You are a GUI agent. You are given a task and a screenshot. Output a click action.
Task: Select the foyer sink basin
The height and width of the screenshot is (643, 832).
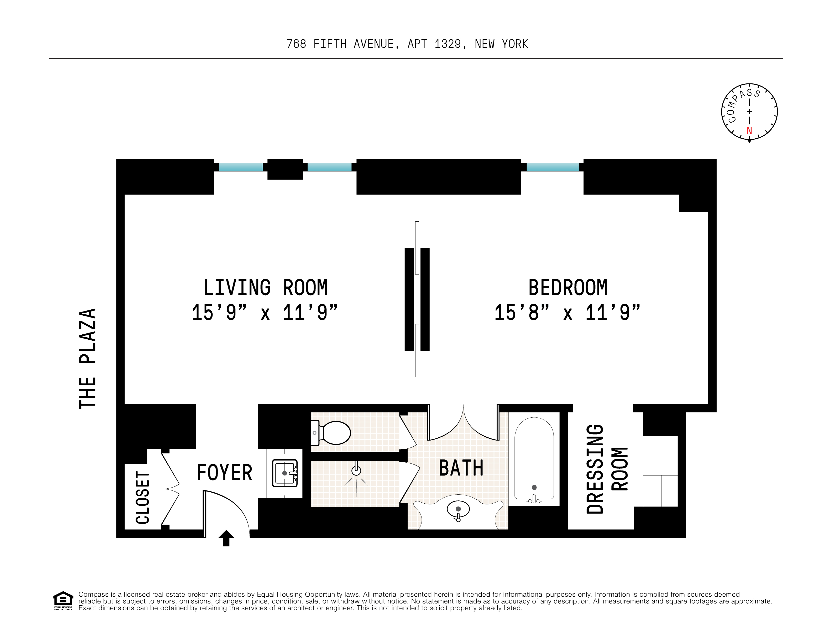click(x=284, y=473)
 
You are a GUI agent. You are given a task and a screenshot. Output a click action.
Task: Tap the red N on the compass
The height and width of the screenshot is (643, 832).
click(x=749, y=131)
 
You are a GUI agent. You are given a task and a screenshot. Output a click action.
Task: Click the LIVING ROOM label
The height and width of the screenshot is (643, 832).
click(x=266, y=288)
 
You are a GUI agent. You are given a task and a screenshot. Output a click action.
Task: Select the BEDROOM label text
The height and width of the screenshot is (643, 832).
click(x=568, y=288)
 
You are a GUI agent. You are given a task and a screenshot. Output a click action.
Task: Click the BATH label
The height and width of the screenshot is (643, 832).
click(x=461, y=468)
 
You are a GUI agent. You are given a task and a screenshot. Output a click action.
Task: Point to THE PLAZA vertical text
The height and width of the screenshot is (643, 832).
click(x=88, y=358)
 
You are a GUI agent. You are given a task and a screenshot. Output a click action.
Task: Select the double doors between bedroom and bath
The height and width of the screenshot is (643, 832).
click(x=463, y=423)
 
